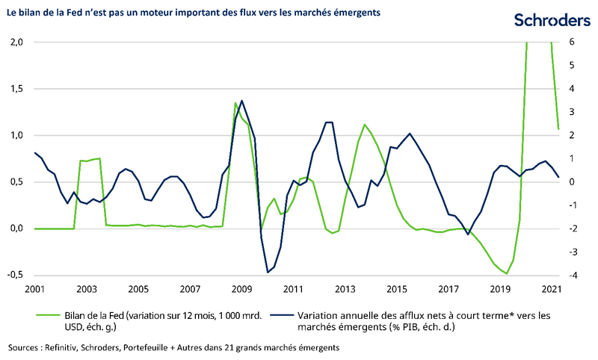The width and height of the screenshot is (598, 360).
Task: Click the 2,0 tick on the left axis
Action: (18, 43)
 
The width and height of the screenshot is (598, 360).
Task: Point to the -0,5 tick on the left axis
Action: (16, 276)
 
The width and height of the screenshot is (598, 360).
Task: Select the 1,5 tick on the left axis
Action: (18, 89)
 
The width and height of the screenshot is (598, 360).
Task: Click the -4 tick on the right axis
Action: (573, 276)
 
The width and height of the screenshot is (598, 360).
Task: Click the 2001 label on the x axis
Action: (34, 289)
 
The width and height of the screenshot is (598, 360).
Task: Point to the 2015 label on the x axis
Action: (398, 289)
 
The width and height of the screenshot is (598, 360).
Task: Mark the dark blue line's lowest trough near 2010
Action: (268, 272)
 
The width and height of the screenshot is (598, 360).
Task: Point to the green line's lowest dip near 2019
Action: (507, 273)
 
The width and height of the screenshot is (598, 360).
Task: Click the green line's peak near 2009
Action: (235, 103)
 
